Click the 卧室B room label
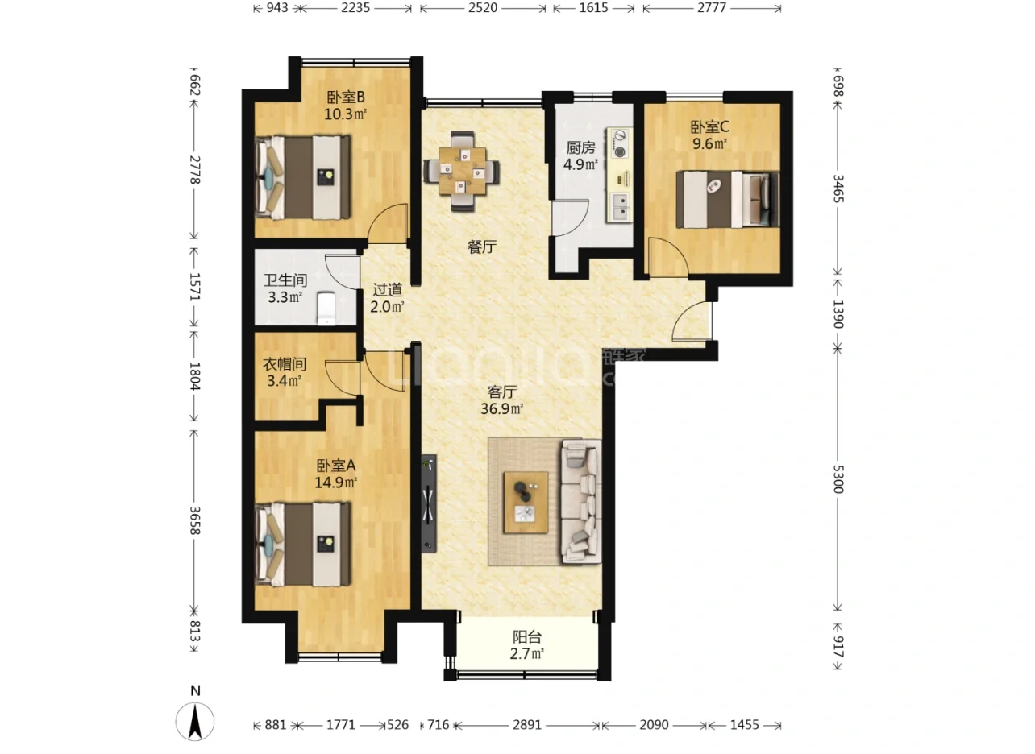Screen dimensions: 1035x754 (x=346, y=97)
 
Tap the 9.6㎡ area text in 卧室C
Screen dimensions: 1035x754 (x=709, y=143)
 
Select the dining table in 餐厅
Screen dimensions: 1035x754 (x=462, y=171)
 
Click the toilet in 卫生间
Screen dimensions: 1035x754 (x=326, y=308)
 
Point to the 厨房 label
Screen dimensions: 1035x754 (x=581, y=147)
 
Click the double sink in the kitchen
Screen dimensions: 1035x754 (x=621, y=207)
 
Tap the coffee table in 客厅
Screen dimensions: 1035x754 (x=526, y=503)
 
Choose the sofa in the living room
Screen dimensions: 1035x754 (x=581, y=501)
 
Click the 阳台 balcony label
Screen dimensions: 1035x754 (x=526, y=637)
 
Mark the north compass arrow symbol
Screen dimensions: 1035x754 (x=195, y=721)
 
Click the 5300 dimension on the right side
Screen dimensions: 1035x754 (x=838, y=478)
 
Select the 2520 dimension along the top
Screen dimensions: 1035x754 (x=483, y=8)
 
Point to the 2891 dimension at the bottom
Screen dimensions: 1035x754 (x=526, y=725)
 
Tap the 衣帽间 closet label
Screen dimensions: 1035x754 (x=285, y=364)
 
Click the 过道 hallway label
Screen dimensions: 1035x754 (x=387, y=289)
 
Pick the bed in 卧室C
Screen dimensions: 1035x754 (x=728, y=200)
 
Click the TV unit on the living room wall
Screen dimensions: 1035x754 (x=429, y=503)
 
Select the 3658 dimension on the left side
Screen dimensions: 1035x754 (x=195, y=520)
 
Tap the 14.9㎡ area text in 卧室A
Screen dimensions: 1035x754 (x=336, y=483)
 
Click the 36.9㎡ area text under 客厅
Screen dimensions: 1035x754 (x=502, y=408)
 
